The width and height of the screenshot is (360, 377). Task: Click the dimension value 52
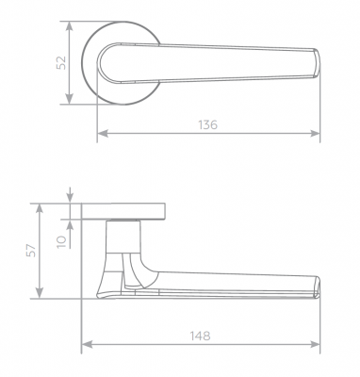point(61,63)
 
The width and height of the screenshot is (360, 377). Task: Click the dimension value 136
point(207,124)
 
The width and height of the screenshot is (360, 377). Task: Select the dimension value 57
point(31,251)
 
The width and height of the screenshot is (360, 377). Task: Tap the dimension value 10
point(62,241)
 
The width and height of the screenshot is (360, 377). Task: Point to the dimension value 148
point(200,336)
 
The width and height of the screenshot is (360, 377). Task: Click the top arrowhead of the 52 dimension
point(70,26)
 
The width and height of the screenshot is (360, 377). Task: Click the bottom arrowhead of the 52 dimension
point(70,99)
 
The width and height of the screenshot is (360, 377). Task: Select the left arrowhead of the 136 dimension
point(103,134)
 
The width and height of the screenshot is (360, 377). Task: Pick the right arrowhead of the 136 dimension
point(315,134)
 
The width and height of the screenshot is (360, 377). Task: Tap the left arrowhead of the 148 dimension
point(87,345)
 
